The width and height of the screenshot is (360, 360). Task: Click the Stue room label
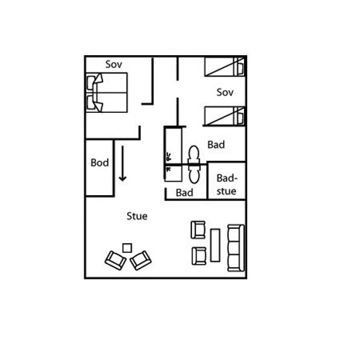137,216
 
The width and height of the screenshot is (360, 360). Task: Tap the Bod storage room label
100,163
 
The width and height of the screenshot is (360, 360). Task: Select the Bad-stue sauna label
226,185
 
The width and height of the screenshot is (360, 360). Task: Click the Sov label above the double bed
114,64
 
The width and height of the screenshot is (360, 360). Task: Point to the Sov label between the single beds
225,92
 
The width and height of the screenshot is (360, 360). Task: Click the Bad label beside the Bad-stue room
216,145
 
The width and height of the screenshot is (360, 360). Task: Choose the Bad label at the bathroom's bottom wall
184,193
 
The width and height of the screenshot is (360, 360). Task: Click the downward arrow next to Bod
123,163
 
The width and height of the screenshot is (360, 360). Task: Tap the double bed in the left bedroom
107,93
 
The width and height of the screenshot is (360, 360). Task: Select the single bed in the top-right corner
224,67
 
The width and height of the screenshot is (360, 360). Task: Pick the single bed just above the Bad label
224,116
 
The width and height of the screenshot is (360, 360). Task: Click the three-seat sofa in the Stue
236,248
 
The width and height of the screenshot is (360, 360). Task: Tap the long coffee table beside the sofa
215,245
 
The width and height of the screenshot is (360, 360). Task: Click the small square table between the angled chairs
127,248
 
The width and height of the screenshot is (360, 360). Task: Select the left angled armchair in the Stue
115,260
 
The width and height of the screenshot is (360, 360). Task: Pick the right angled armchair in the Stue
141,260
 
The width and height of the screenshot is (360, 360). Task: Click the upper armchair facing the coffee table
198,230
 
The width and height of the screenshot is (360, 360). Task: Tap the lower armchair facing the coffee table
199,256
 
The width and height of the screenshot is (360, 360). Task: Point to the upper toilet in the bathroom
194,155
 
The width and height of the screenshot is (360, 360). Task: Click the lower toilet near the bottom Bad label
194,174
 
